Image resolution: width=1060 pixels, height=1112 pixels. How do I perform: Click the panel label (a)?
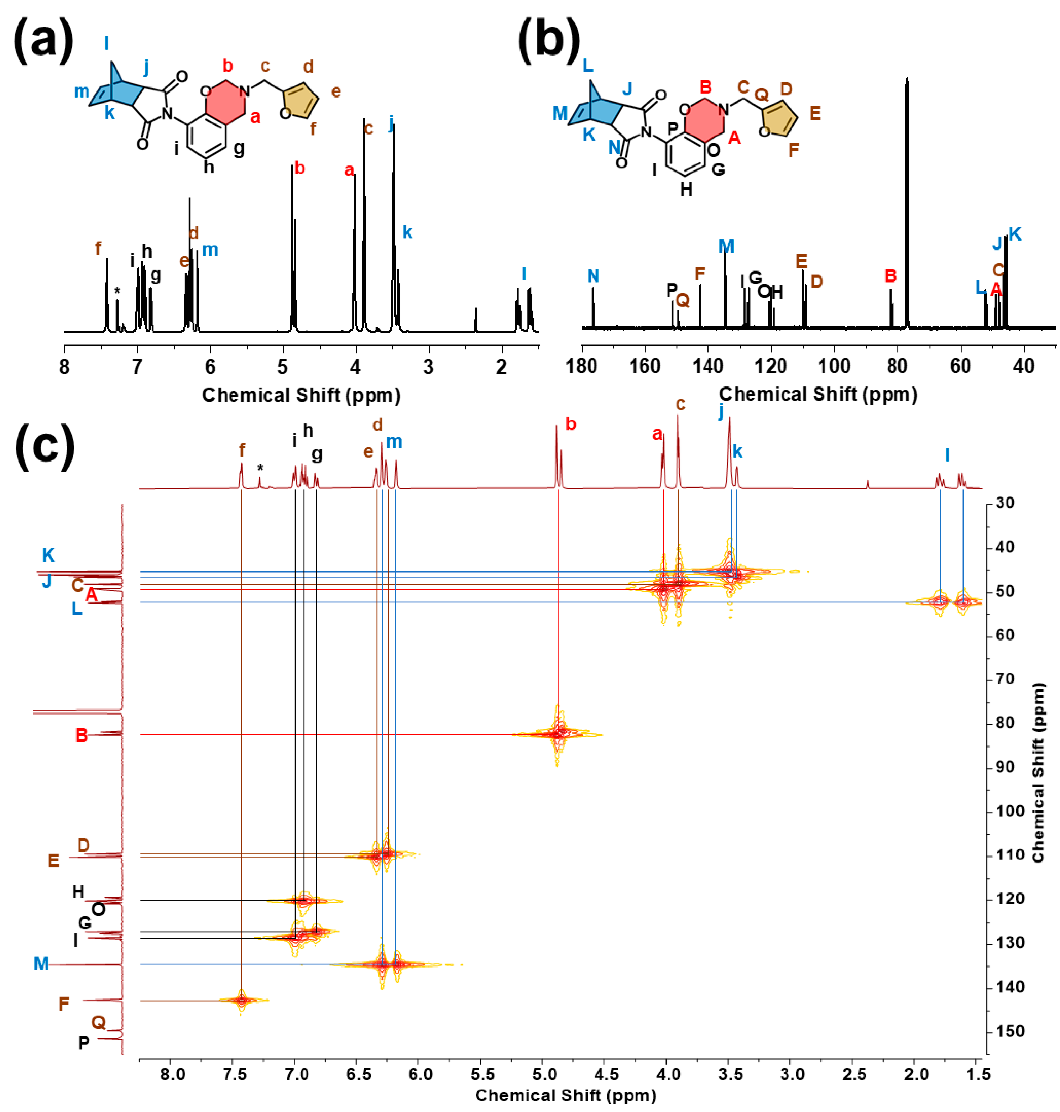(43, 41)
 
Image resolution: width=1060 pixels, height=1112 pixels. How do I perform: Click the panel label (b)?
(548, 41)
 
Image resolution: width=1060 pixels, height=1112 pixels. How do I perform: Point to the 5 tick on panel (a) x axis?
(282, 367)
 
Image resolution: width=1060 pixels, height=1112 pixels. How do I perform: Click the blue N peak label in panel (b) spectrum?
(593, 276)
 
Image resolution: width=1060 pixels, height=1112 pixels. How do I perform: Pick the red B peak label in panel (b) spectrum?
(891, 276)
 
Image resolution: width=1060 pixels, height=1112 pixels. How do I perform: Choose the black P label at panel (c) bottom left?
(84, 1043)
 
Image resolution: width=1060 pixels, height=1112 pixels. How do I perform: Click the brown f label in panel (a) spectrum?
(98, 248)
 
